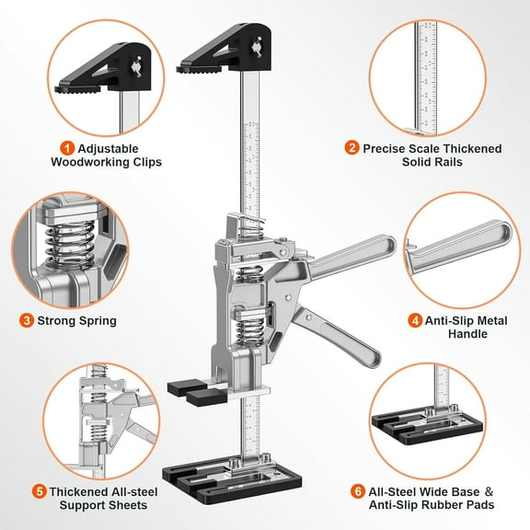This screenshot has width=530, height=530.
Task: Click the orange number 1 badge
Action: pos(66,147)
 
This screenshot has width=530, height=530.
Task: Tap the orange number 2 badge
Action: pos(352,147)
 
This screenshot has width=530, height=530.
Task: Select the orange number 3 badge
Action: pos(28,321)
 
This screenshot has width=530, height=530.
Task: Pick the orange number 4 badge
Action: pos(415,321)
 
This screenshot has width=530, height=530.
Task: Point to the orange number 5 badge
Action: pos(39,490)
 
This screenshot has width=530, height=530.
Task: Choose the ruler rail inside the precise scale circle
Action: pos(427,74)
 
